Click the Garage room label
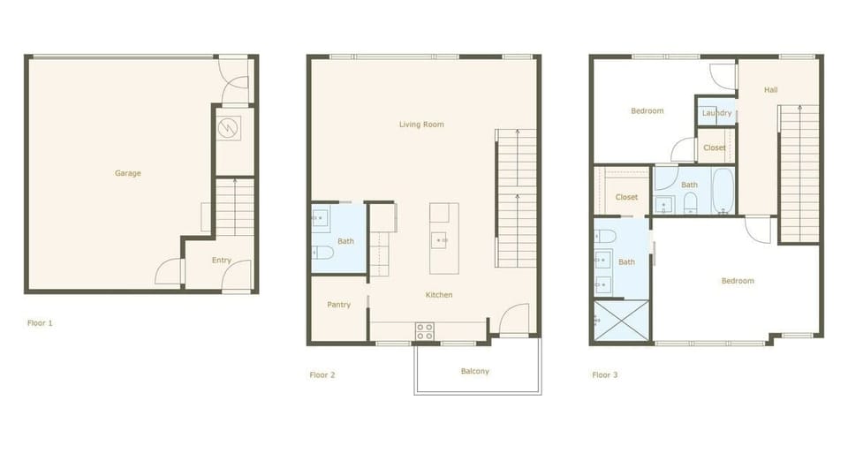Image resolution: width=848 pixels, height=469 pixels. pyautogui.click(x=127, y=173)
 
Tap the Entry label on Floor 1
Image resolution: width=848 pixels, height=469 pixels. pyautogui.click(x=221, y=261)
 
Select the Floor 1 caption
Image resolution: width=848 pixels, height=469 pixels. pyautogui.click(x=40, y=323)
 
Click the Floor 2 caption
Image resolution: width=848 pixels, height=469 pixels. pyautogui.click(x=322, y=375)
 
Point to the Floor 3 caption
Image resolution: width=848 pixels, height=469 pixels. pyautogui.click(x=605, y=375)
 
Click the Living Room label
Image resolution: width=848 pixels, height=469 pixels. pyautogui.click(x=421, y=125)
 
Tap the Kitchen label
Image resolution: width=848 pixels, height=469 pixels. pyautogui.click(x=439, y=295)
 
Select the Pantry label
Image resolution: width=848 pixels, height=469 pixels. pyautogui.click(x=338, y=305)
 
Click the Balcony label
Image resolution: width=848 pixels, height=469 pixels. pyautogui.click(x=474, y=371)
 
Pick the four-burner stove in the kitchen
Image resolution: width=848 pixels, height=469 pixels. pyautogui.click(x=425, y=331)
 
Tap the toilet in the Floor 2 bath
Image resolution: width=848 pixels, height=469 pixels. pyautogui.click(x=322, y=253)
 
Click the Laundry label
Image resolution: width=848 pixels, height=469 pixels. pyautogui.click(x=716, y=113)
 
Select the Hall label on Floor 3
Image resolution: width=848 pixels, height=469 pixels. pyautogui.click(x=771, y=90)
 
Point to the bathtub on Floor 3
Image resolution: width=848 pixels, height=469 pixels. pyautogui.click(x=723, y=192)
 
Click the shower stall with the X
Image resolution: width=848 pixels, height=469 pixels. pyautogui.click(x=622, y=320)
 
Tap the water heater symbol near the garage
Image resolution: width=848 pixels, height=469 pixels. pyautogui.click(x=230, y=128)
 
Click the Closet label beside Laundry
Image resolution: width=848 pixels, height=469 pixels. pyautogui.click(x=715, y=148)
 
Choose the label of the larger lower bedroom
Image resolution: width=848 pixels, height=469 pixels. pyautogui.click(x=738, y=281)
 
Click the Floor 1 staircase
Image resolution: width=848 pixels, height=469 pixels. pyautogui.click(x=234, y=208)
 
